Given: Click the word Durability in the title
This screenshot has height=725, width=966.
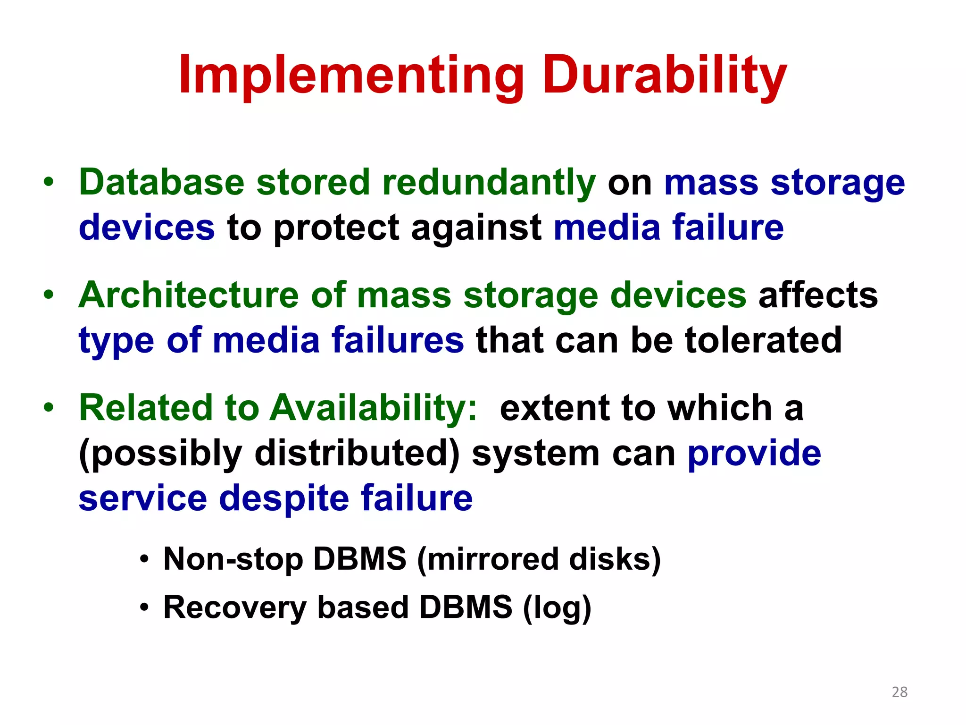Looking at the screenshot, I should click(665, 76).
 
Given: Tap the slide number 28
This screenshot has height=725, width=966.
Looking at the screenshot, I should click(899, 692).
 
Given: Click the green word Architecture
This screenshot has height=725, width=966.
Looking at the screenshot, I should click(189, 295).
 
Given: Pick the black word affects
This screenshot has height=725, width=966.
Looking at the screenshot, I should click(818, 295).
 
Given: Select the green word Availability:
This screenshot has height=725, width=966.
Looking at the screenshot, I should click(373, 408).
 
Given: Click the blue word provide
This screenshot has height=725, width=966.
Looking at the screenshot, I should click(754, 453).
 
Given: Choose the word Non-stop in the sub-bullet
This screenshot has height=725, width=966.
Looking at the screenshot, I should click(233, 559).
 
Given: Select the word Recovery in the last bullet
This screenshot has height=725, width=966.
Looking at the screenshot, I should click(235, 607).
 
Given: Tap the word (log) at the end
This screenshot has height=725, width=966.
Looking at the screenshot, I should click(557, 607).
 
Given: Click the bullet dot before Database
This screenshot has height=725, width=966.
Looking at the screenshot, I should click(49, 182).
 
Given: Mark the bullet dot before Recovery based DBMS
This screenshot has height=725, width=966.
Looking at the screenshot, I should click(145, 607).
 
